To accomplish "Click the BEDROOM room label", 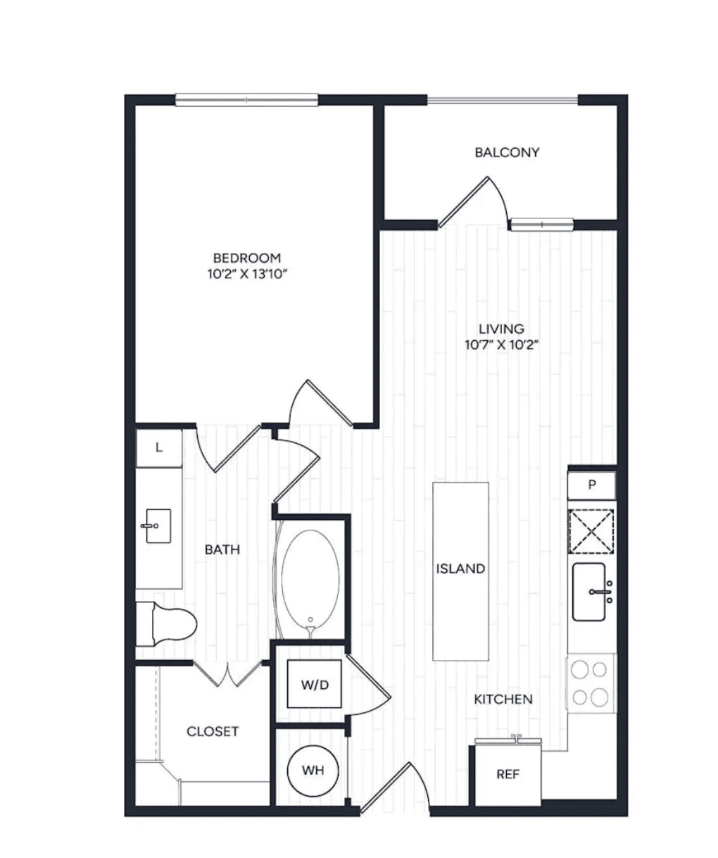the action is click(247, 258).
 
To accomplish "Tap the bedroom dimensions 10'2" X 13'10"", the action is click(247, 274).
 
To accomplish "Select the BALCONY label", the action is click(507, 152).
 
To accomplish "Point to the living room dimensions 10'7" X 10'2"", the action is click(501, 344).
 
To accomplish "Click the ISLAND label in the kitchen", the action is click(460, 568).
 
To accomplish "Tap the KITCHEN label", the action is click(503, 700).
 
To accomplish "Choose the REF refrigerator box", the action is click(508, 774).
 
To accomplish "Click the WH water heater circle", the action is click(313, 771).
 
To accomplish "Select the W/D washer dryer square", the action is click(314, 684).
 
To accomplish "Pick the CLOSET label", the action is click(213, 731).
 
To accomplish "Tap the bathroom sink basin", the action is click(158, 526).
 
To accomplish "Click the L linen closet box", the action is click(159, 448).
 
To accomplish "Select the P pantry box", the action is click(591, 485).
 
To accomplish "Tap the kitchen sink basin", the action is click(589, 592).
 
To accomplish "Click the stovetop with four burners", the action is click(591, 683).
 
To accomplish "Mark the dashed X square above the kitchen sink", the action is click(591, 532).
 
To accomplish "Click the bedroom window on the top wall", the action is click(246, 100).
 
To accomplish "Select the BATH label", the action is click(222, 549).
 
